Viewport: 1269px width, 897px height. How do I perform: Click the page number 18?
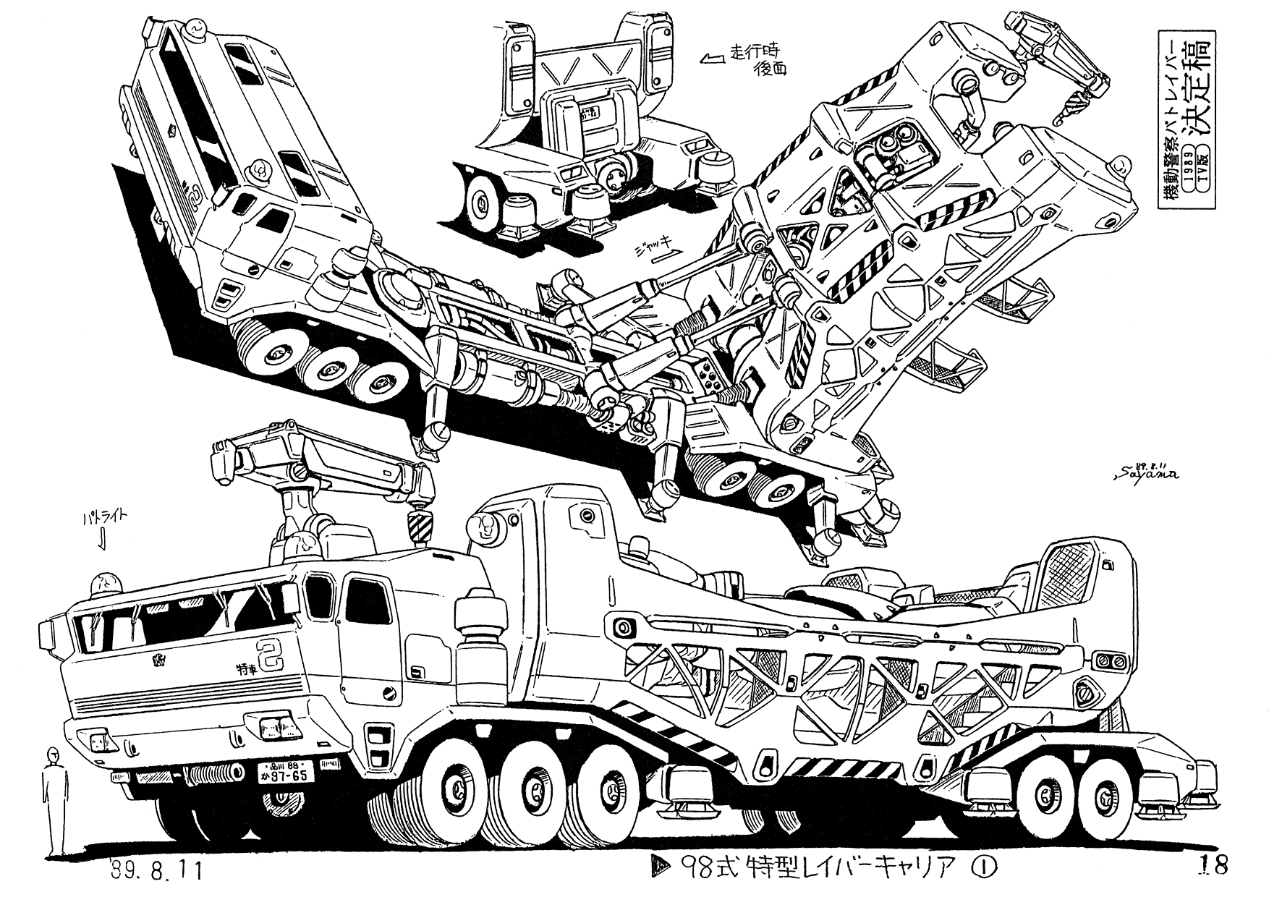(x=1215, y=865)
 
